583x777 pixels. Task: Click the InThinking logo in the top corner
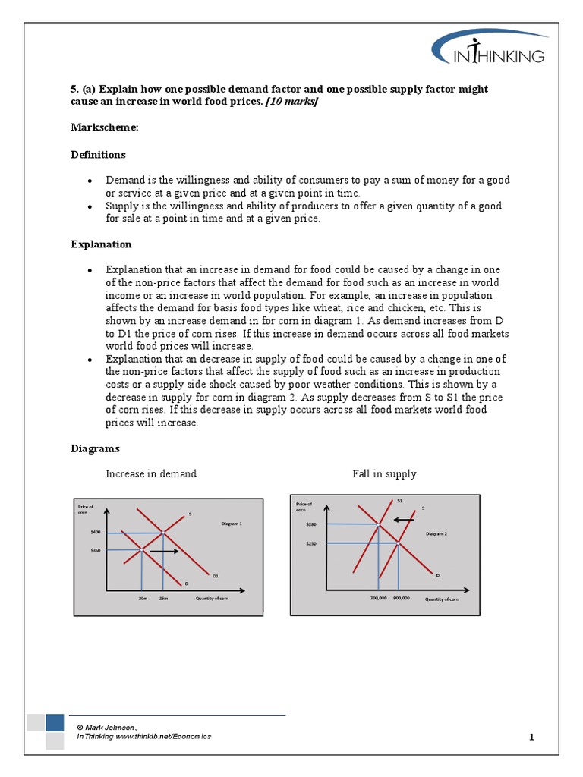click(x=490, y=49)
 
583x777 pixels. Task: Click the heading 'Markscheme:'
click(x=105, y=127)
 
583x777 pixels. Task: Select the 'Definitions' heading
click(x=98, y=154)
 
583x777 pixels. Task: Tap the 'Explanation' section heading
click(x=101, y=244)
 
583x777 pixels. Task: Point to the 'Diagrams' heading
click(x=95, y=448)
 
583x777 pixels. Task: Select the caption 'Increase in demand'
click(x=151, y=473)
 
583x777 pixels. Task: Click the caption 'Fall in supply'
click(x=384, y=473)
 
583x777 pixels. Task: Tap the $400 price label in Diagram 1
click(x=95, y=533)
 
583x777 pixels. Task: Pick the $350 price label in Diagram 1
click(x=95, y=549)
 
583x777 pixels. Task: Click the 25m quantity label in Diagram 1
click(x=163, y=599)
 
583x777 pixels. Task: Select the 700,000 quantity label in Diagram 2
click(x=378, y=599)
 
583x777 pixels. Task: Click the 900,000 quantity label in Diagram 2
click(x=401, y=599)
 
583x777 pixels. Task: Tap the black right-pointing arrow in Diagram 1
click(x=164, y=552)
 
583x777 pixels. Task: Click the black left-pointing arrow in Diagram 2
click(x=403, y=521)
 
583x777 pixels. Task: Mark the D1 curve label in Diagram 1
click(x=215, y=576)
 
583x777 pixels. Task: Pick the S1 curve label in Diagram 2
click(x=399, y=501)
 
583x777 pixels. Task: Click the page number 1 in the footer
click(x=532, y=737)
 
